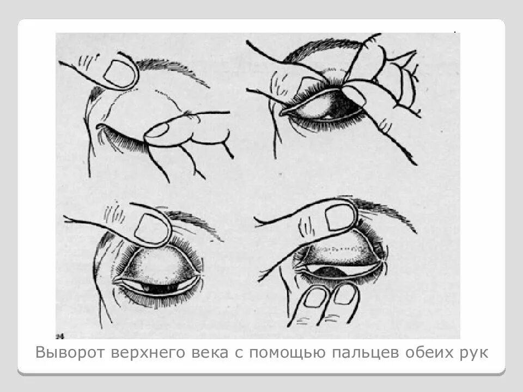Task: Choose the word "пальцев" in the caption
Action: click(x=368, y=353)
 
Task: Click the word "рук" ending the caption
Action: click(x=473, y=353)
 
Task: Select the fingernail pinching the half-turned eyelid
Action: click(x=354, y=95)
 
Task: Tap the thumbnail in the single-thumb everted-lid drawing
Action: click(x=152, y=227)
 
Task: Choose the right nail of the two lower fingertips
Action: click(x=344, y=295)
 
